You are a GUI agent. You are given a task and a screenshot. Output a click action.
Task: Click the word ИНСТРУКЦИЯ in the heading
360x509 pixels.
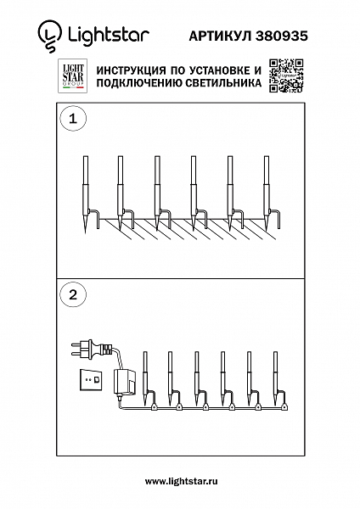tap(132, 69)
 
